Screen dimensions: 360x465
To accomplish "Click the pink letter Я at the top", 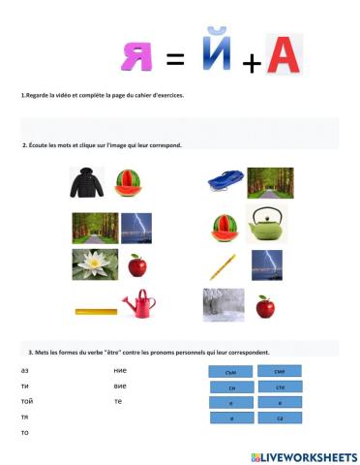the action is [x=136, y=56].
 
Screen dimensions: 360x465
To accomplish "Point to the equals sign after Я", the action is [x=175, y=61].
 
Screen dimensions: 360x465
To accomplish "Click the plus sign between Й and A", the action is [x=252, y=65].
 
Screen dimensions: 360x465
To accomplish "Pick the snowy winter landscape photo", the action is [x=223, y=304].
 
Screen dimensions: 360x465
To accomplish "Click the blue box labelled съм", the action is [x=230, y=371].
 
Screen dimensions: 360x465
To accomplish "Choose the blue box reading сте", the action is [x=279, y=387].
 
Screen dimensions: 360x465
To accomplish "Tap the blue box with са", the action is [x=279, y=418].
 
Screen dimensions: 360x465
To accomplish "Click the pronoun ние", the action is [x=120, y=371].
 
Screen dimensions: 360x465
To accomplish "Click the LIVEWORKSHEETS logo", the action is [x=303, y=454].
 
